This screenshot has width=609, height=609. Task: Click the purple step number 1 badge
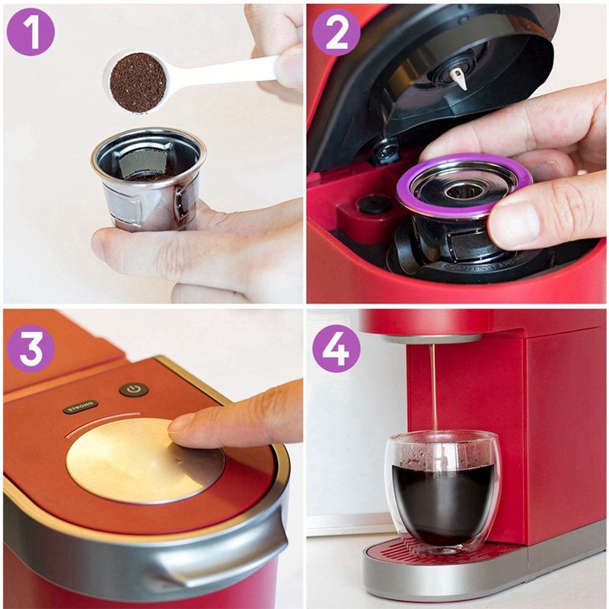30,31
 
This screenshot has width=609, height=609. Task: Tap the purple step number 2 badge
336,31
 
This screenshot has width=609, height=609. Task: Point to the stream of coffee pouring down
434,388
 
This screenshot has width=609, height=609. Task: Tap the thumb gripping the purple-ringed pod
525,217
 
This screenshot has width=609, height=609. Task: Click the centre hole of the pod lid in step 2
462,190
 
